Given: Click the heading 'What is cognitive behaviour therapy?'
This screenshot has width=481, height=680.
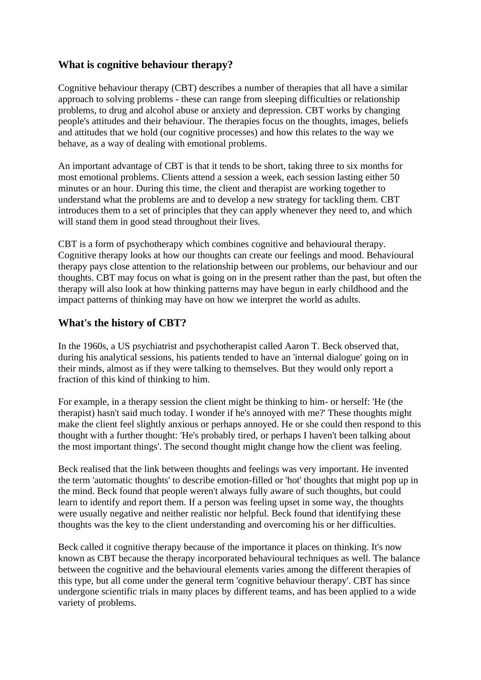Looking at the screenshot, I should coord(145,65).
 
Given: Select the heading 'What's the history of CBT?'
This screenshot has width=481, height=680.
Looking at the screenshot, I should coord(122,323).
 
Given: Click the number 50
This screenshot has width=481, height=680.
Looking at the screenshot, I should coord(395,177).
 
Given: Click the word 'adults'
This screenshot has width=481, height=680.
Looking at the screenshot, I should coord(347,300).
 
